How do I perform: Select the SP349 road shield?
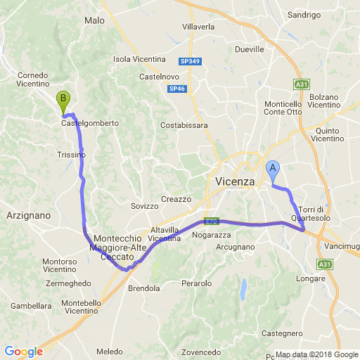point(190,61)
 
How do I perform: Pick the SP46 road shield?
point(176,89)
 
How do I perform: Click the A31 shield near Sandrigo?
point(301,84)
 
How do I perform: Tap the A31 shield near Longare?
point(324,264)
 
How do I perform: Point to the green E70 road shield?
point(211,220)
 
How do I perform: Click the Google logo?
point(23,352)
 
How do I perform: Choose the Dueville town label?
point(250,49)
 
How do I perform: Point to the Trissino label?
point(71,154)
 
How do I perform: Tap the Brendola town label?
point(143,288)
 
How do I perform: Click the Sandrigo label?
point(304,14)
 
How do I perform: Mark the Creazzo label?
point(176,199)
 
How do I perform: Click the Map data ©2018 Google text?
point(316,354)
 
